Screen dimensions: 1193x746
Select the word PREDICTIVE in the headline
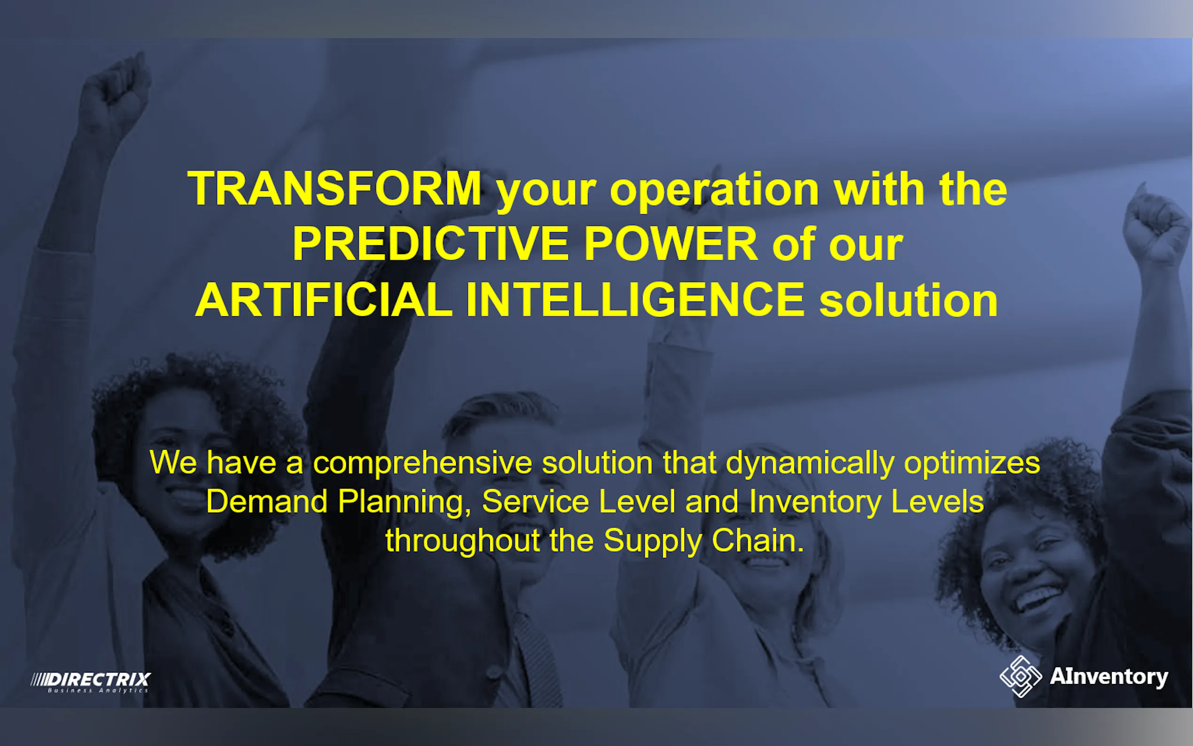(x=431, y=244)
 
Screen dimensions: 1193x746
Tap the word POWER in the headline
(x=671, y=244)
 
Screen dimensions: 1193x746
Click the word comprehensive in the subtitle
(x=423, y=464)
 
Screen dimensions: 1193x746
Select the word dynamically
(x=810, y=464)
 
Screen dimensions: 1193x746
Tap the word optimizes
(x=972, y=464)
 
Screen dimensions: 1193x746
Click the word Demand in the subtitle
(x=267, y=502)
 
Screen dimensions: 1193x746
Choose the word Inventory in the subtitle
(x=815, y=504)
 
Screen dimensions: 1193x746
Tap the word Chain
(x=758, y=541)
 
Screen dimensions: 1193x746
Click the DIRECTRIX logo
(x=91, y=682)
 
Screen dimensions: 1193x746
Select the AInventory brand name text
(x=1109, y=677)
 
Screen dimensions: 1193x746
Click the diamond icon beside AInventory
(x=1020, y=676)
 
